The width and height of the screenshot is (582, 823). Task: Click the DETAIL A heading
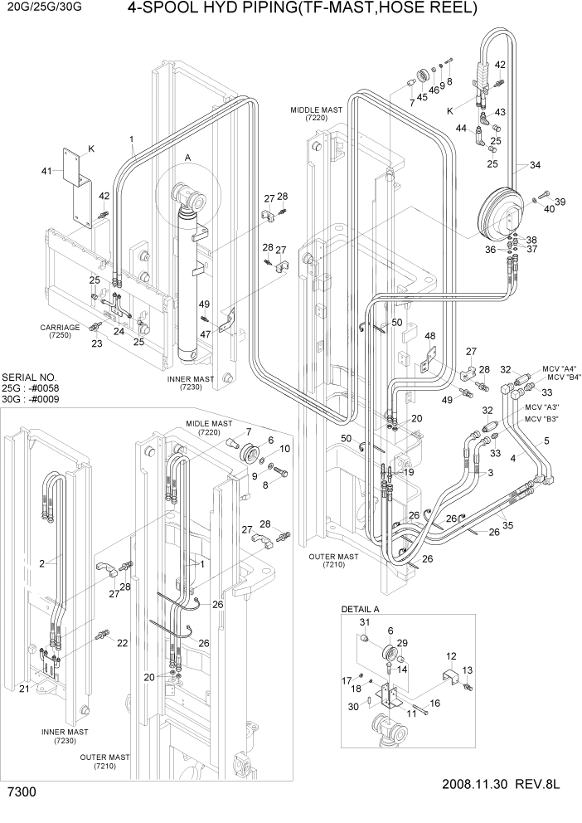[361, 609]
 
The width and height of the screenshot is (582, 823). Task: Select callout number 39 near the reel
[560, 202]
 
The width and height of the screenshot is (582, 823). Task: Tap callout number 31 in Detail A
[363, 623]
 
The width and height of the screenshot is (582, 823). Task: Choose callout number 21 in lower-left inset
[23, 689]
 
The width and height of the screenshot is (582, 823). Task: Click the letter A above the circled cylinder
[187, 157]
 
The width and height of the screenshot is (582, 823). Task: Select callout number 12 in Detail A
[452, 655]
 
